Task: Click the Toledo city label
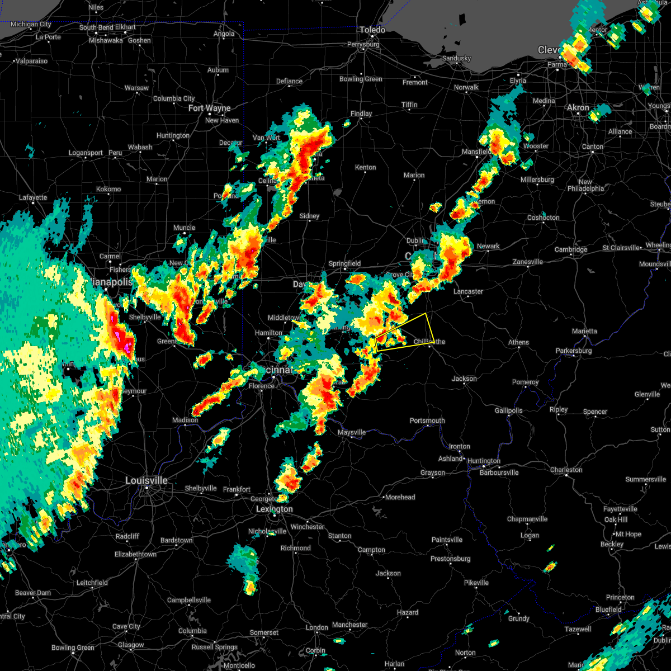click(372, 30)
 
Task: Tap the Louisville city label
click(146, 480)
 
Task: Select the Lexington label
click(274, 509)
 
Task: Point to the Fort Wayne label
click(209, 108)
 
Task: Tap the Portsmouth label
click(427, 420)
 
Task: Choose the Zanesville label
click(528, 262)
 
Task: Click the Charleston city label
click(566, 470)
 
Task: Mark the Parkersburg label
click(574, 351)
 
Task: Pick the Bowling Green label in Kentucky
click(73, 648)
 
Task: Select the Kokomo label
click(108, 189)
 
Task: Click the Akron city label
click(578, 107)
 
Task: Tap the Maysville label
click(352, 432)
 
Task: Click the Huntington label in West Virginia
click(484, 461)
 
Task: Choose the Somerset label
click(264, 632)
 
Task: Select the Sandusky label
click(456, 58)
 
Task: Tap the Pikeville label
click(476, 583)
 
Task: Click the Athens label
click(518, 342)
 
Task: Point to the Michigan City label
click(31, 24)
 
